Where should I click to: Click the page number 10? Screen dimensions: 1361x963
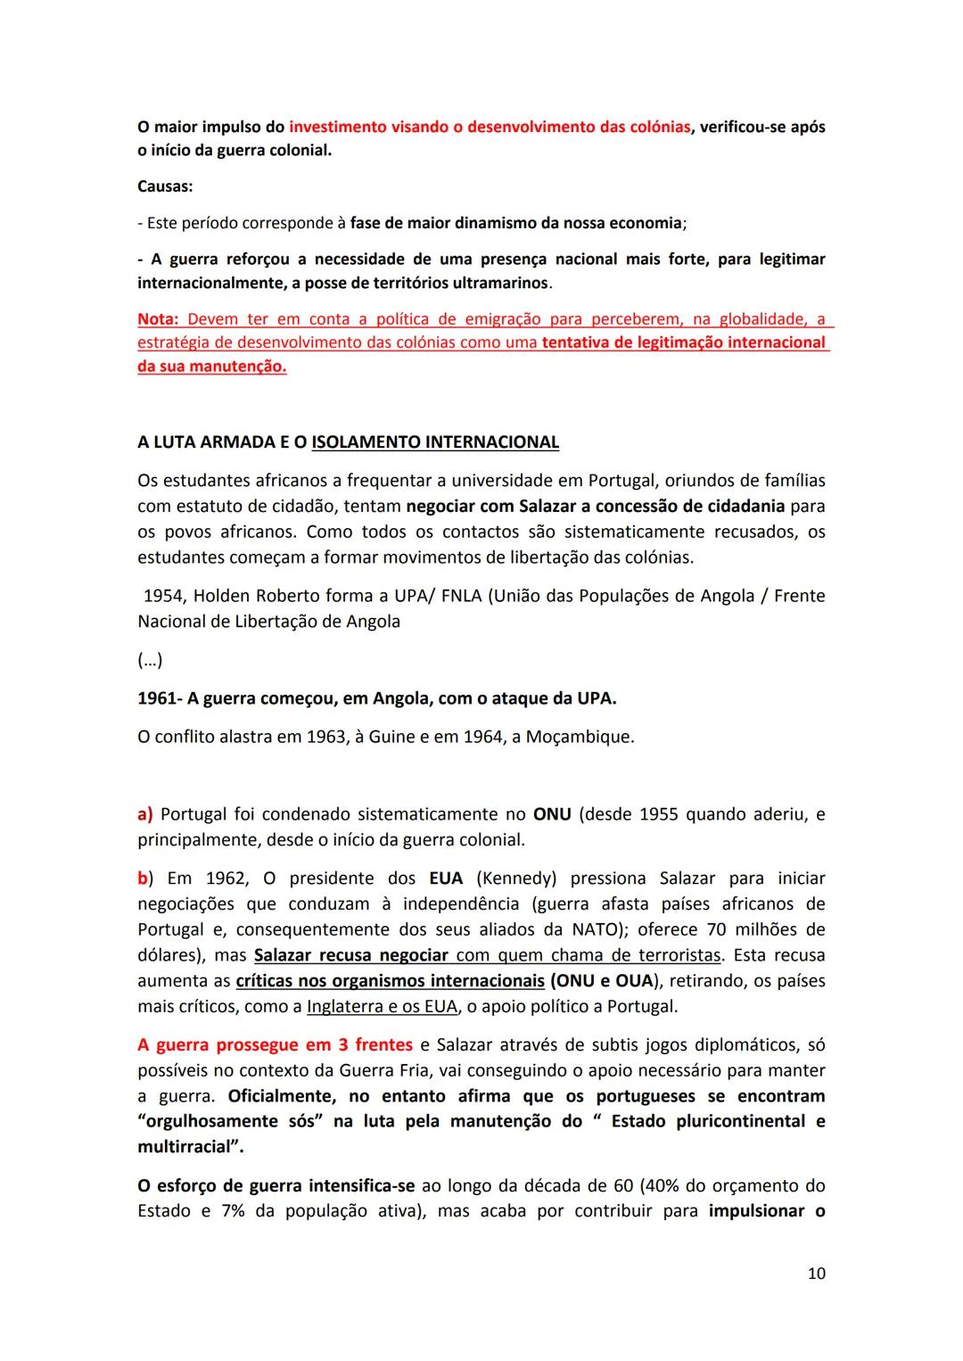point(816,1274)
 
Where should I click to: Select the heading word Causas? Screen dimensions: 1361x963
point(164,186)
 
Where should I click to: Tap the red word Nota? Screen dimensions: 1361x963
point(157,319)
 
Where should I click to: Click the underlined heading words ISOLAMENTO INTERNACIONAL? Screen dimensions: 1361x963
point(435,442)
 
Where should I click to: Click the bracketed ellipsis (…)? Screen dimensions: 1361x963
point(150,661)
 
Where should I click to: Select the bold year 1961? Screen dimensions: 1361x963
point(157,698)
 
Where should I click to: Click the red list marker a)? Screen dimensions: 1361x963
point(145,814)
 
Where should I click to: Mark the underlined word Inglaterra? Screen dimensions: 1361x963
point(345,1007)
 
